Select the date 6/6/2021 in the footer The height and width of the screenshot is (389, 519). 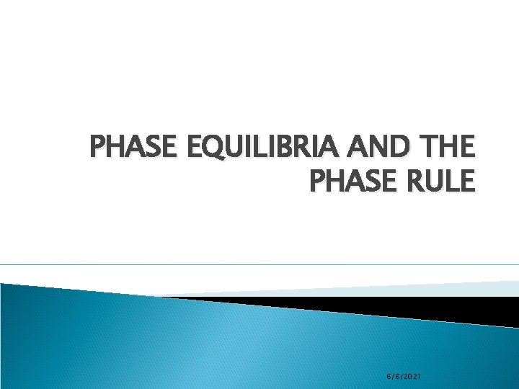(x=404, y=377)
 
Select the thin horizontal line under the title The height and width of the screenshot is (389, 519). (x=259, y=264)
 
